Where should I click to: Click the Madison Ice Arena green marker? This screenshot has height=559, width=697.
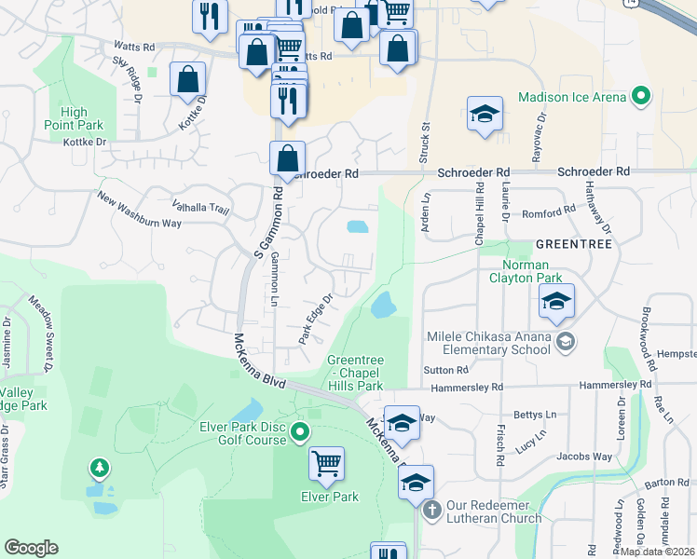coord(641,96)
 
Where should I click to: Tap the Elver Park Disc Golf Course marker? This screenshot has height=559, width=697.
coord(300,431)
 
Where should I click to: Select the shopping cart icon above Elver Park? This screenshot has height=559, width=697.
coord(326,463)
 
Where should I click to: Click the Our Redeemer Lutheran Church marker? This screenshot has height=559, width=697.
coord(430,510)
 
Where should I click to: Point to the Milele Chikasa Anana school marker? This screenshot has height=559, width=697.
coord(564,344)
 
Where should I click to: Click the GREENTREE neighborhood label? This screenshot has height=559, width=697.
coord(573,243)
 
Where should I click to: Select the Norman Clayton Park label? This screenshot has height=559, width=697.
coord(526,271)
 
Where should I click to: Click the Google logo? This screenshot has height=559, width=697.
coord(31,548)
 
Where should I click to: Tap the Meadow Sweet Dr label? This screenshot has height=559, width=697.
coord(43,323)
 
